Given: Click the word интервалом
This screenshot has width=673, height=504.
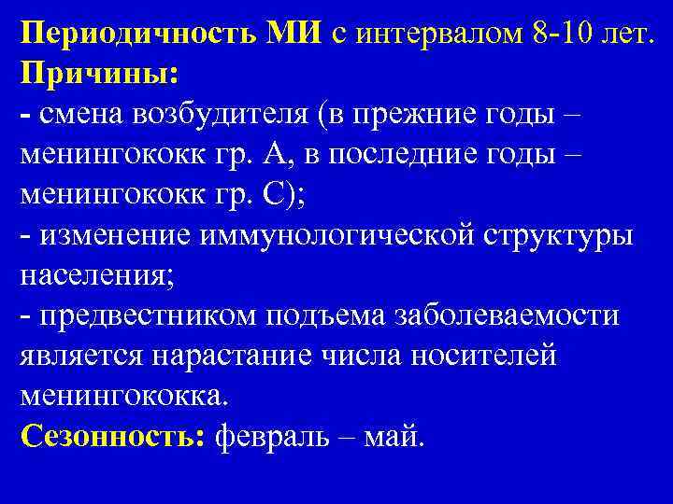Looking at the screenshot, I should click(x=437, y=35).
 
